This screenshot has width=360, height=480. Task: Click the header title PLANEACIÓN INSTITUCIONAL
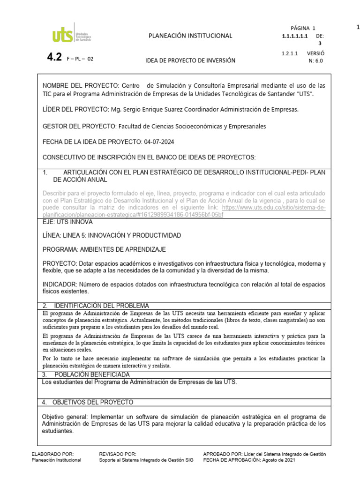pyautogui.click(x=190, y=36)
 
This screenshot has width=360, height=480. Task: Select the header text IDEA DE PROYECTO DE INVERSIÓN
pyautogui.click(x=190, y=61)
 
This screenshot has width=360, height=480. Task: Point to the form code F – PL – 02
pyautogui.click(x=81, y=59)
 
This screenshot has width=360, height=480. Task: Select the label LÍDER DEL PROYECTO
pyautogui.click(x=75, y=110)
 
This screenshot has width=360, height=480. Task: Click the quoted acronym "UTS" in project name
pyautogui.click(x=302, y=94)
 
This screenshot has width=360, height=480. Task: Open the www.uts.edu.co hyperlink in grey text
pyautogui.click(x=274, y=207)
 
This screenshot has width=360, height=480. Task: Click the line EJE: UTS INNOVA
pyautogui.click(x=67, y=221)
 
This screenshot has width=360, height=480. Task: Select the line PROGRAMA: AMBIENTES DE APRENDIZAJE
pyautogui.click(x=104, y=249)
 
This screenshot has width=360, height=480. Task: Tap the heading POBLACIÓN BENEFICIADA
pyautogui.click(x=92, y=375)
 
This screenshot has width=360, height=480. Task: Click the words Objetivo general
pyautogui.click(x=66, y=416)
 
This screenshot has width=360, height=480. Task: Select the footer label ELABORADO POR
pyautogui.click(x=52, y=454)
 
